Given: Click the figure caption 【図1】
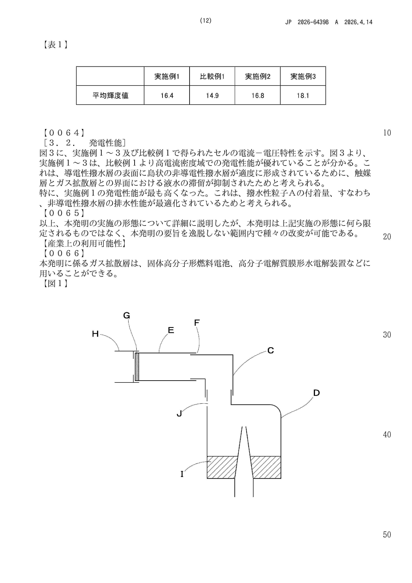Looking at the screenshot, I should (55, 283).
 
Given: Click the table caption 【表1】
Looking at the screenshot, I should (55, 45).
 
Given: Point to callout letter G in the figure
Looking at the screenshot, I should (126, 316).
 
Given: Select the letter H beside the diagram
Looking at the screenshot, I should (95, 334).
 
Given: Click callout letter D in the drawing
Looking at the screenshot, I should (316, 393).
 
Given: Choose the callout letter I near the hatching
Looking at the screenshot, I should (182, 474).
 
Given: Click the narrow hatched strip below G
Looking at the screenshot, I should (137, 367).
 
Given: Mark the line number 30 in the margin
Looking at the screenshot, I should (387, 335).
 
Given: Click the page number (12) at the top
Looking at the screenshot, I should (206, 21).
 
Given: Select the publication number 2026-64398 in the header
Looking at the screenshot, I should (313, 22).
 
